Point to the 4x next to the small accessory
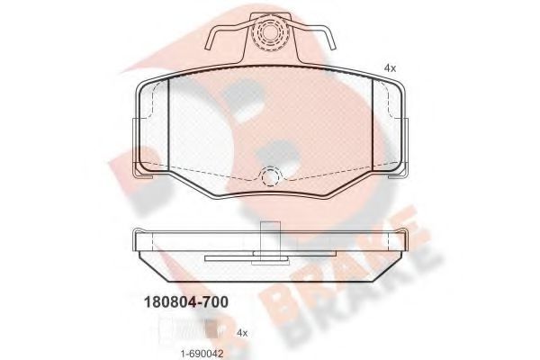click(x=241, y=332)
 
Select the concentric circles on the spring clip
click(x=266, y=34)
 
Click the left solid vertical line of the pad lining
click(x=169, y=126)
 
